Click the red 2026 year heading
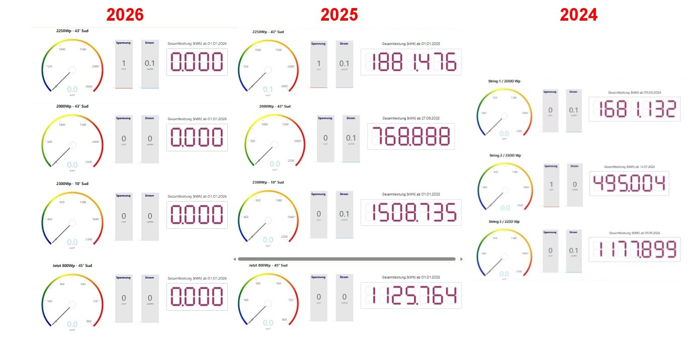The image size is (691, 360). tap(125, 15)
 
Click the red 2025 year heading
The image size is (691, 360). tap(339, 15)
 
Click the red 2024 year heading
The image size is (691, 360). tap(579, 15)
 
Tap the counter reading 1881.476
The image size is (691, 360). tap(411, 62)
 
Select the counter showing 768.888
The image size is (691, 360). tap(411, 136)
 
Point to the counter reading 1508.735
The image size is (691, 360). tap(411, 212)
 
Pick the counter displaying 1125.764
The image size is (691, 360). tap(411, 295)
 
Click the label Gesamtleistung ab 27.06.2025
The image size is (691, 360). tap(411, 118)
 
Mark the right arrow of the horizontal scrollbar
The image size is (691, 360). tap(462, 259)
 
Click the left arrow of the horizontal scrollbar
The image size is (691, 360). tap(234, 259)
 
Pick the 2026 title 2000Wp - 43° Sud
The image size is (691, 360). tap(72, 106)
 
